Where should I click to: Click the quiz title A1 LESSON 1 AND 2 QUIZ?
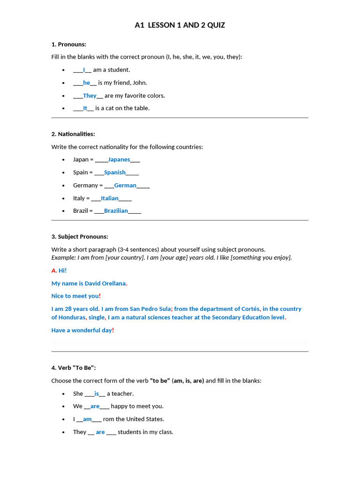[180, 25]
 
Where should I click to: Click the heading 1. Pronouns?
[68, 44]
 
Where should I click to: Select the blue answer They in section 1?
[90, 96]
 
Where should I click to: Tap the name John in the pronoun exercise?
[139, 83]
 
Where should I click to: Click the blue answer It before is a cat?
[85, 108]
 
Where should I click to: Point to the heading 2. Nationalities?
[73, 134]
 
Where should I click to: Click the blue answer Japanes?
[119, 160]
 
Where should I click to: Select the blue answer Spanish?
[115, 172]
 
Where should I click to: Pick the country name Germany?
[85, 185]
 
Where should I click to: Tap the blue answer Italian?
[110, 198]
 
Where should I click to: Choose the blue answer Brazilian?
[116, 211]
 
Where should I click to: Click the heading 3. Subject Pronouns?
[79, 237]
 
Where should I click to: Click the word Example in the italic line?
[63, 258]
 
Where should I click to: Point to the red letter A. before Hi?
[54, 270]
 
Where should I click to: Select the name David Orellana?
[105, 284]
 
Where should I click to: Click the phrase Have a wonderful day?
[82, 330]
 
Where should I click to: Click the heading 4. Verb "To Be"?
[73, 368]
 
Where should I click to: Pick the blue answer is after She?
[97, 394]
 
